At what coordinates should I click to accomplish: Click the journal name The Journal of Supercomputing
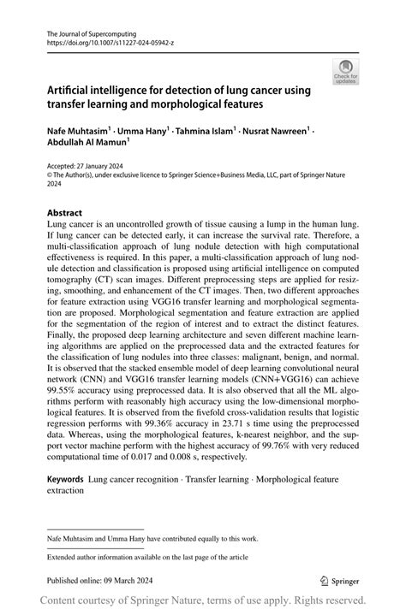pos(87,30)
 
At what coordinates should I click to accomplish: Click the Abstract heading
pos(65,210)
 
